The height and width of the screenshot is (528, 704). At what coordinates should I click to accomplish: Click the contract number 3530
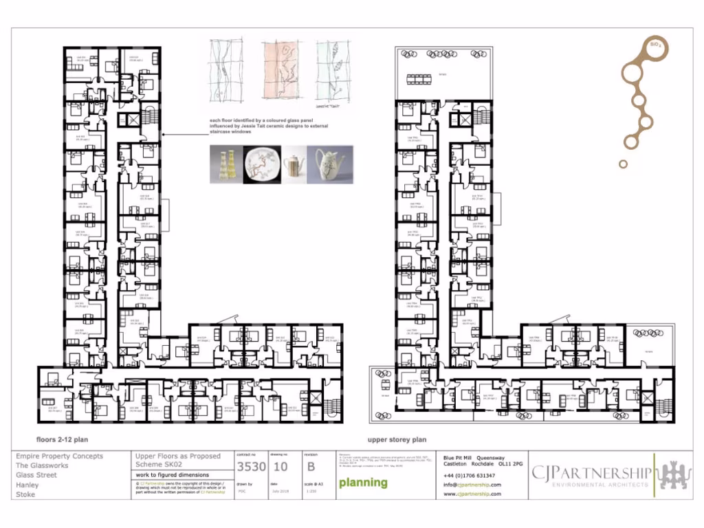click(x=251, y=467)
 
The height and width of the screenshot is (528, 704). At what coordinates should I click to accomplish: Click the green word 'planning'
click(x=363, y=482)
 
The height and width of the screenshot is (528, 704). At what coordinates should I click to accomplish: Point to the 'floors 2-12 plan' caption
click(x=62, y=439)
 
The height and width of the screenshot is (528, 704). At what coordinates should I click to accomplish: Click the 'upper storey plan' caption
click(x=397, y=439)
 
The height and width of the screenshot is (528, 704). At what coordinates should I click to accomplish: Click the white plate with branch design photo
click(x=263, y=164)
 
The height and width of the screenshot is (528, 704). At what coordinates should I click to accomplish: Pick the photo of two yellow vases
click(x=228, y=164)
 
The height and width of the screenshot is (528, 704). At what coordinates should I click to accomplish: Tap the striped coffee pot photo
click(x=294, y=164)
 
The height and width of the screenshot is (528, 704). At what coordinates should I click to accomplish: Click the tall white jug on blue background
click(x=329, y=164)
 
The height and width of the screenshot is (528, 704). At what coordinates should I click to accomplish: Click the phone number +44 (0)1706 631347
click(x=470, y=476)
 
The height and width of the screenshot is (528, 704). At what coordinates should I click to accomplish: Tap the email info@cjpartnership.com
click(x=472, y=485)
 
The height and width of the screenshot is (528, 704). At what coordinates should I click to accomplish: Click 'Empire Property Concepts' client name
click(x=59, y=456)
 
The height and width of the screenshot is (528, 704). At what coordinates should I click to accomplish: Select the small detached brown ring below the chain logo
click(x=623, y=164)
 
